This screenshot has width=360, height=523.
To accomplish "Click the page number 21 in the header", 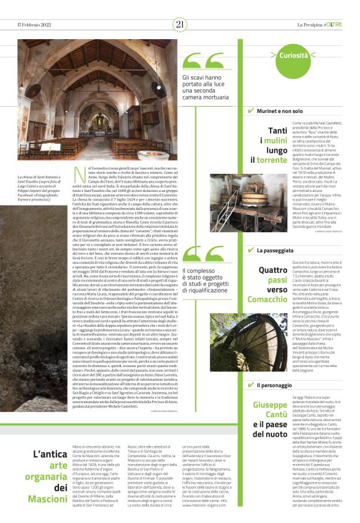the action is click(180, 24).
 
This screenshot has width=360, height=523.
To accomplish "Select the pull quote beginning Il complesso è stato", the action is click(204, 280).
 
